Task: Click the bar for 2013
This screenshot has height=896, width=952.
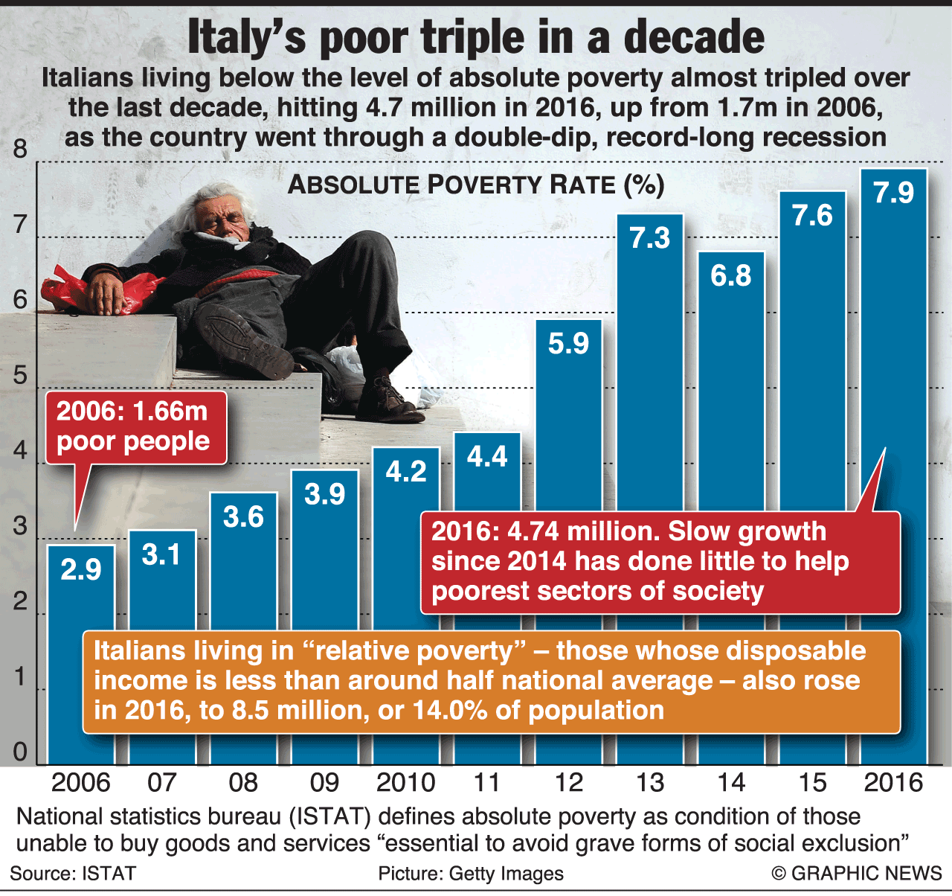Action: coord(649,372)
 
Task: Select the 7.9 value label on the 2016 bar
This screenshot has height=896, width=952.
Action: coord(893,193)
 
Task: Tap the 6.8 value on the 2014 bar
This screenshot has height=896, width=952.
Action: coord(731,276)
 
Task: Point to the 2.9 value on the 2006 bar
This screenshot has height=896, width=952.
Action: coord(81,570)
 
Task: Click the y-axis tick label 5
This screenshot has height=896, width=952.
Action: coord(20,375)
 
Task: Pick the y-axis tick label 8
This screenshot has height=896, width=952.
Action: coord(20,149)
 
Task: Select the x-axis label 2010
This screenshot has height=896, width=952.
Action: coord(405,783)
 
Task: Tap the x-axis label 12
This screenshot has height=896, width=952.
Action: coord(568,783)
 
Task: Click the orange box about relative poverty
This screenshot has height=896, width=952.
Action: coord(491,681)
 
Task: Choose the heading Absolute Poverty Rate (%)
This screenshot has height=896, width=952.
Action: coord(476,185)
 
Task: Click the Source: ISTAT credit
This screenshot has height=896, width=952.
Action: coord(73,874)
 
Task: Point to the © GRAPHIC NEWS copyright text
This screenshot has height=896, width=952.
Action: coord(857,874)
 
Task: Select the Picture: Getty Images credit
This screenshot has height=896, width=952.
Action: coord(471,874)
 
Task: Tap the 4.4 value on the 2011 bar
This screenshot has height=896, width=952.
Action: coord(487,456)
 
